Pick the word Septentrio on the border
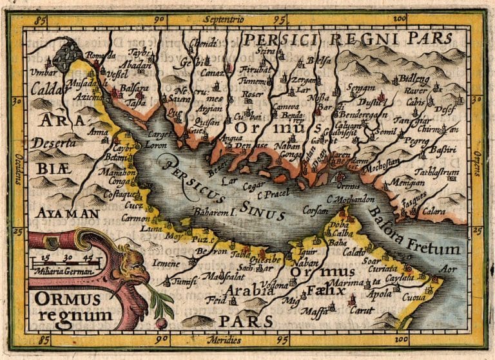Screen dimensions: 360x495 [x=224, y=21]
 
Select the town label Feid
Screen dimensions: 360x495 [x=215, y=301]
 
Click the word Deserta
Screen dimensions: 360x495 [x=55, y=144]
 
